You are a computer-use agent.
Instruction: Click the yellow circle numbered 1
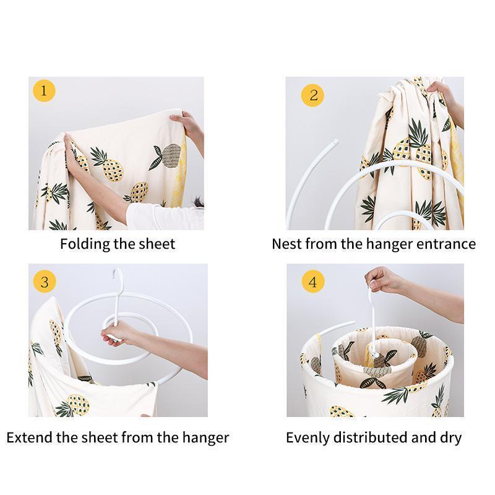coord(44,90)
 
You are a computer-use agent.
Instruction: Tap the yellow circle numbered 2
coord(312,95)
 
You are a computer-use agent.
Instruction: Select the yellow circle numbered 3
coord(45,282)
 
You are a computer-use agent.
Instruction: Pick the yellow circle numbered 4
coord(313,282)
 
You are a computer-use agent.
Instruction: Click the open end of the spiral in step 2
coord(335,142)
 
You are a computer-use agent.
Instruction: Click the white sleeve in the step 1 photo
coord(164,217)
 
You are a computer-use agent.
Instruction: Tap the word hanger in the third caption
coord(205,438)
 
